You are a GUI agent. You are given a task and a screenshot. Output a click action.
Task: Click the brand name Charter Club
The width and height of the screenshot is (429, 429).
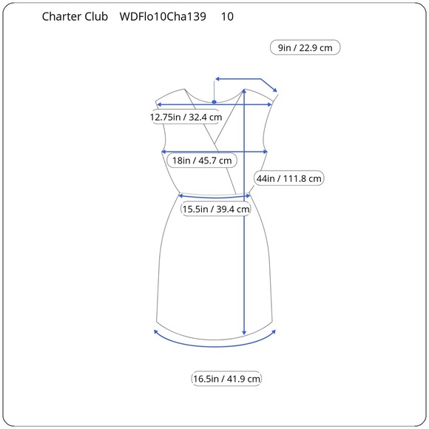click(75, 16)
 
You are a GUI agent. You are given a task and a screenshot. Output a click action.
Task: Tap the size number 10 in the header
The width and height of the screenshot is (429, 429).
click(227, 16)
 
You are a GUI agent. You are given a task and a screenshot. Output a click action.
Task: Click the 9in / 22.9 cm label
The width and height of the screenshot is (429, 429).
click(305, 48)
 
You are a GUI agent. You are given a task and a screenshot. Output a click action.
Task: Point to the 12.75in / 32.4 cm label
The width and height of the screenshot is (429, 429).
click(186, 117)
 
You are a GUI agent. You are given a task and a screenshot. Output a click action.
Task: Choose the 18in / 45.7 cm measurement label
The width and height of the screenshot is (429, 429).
click(201, 160)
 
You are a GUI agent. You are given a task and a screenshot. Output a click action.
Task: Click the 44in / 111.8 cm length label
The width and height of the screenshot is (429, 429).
click(289, 178)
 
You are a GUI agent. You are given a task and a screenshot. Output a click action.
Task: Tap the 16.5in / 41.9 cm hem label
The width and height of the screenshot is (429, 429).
click(226, 379)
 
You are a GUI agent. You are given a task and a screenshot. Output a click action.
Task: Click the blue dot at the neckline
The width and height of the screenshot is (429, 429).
click(214, 102)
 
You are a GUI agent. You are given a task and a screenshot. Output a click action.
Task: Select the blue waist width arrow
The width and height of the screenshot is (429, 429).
click(214, 196)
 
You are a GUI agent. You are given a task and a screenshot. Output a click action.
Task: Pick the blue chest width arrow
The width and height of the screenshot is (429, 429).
click(214, 152)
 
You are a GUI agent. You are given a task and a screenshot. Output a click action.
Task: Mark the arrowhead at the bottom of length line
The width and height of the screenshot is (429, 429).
click(244, 331)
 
